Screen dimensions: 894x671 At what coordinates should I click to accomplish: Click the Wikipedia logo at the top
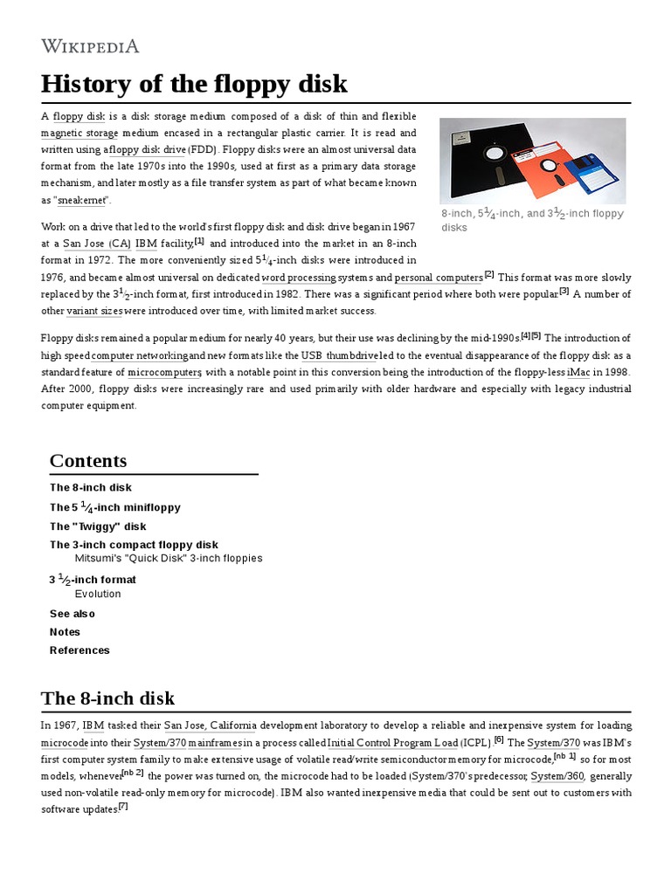click(90, 46)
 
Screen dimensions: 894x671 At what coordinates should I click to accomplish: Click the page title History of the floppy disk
click(194, 84)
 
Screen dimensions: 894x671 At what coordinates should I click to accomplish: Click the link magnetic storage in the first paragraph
click(79, 133)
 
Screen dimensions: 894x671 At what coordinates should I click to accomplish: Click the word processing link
click(299, 278)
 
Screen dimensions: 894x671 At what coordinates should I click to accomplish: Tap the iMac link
click(578, 372)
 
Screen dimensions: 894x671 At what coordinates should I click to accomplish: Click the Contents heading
click(88, 461)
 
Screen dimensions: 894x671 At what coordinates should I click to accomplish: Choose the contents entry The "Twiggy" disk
click(98, 526)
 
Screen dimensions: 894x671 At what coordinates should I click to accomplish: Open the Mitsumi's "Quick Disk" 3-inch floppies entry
click(168, 558)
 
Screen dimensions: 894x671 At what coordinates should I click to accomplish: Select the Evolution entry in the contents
click(98, 594)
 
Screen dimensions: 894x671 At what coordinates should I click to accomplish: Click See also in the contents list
click(73, 614)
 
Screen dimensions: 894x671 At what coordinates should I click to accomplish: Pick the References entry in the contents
click(80, 650)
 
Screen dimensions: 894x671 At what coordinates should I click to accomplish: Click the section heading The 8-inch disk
click(107, 698)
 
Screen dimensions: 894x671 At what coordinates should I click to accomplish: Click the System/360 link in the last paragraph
click(558, 776)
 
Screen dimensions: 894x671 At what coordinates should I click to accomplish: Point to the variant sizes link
click(94, 311)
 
